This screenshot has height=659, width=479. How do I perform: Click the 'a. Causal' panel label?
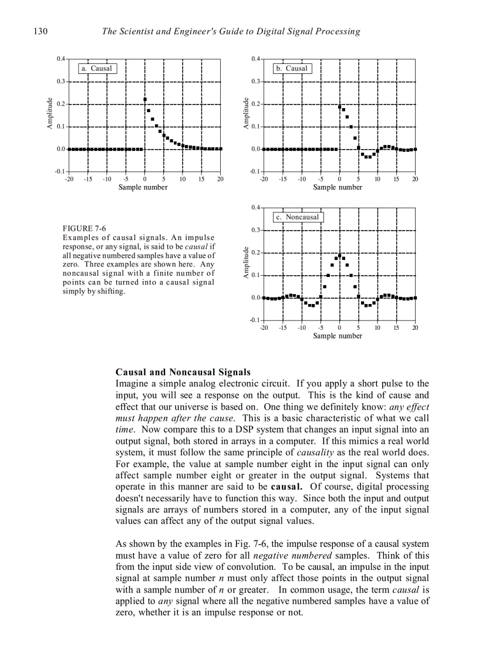97,69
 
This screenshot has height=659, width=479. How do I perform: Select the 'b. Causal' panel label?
292,69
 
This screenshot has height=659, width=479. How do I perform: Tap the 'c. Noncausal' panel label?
298,217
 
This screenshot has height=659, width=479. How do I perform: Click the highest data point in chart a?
145,100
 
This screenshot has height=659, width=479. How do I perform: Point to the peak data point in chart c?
340,255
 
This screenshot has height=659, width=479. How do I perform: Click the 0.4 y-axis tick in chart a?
61,59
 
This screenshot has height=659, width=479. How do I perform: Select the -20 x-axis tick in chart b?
264,179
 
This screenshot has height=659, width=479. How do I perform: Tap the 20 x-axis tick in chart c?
415,327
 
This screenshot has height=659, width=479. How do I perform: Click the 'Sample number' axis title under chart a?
143,187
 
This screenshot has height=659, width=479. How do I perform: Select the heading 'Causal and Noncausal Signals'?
183,373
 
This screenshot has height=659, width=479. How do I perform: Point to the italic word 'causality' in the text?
315,453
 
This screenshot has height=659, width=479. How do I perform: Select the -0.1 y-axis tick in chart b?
255,171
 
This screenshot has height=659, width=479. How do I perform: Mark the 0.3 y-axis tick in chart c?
255,230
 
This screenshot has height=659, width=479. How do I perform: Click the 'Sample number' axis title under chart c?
338,336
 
